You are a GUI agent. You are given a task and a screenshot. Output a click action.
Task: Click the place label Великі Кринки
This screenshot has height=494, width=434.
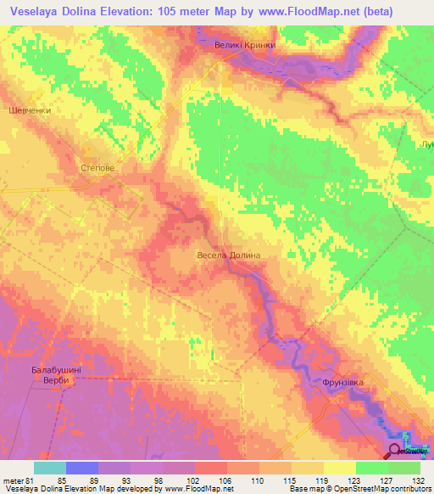click(245, 45)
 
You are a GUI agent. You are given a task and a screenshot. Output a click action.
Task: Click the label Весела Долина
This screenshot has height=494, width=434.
click(227, 255)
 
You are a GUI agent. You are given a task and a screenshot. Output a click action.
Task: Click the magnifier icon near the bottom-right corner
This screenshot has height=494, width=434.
click(396, 450)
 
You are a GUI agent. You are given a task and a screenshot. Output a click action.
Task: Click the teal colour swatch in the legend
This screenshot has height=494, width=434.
click(50, 468)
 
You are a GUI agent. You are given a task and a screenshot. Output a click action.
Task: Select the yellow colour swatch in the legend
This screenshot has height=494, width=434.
click(340, 468)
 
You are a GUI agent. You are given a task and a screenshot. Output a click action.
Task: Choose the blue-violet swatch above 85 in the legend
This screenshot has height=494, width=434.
click(82, 468)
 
